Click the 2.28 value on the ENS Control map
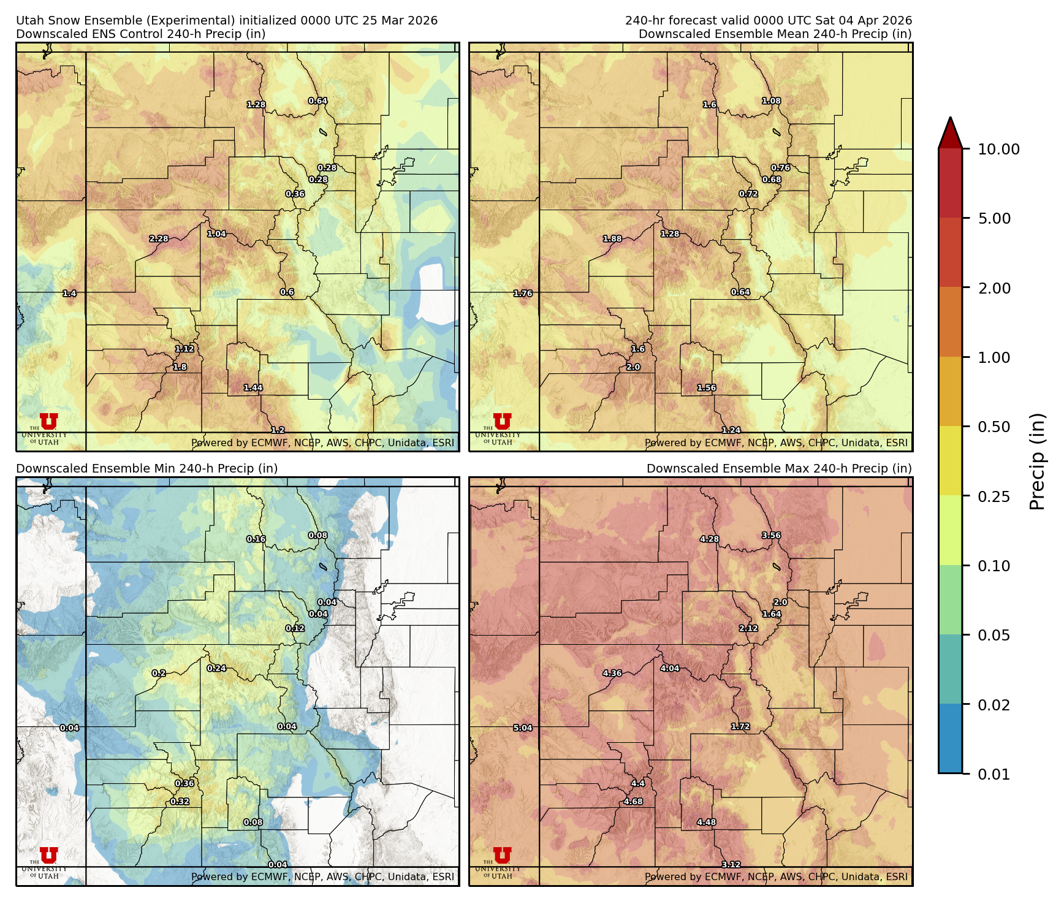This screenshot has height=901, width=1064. point(159,239)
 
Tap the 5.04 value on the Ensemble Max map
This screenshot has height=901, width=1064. point(523,728)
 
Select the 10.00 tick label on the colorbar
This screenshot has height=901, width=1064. point(998,150)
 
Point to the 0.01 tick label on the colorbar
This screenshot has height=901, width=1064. point(994,775)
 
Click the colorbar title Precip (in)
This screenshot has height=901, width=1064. point(1037,462)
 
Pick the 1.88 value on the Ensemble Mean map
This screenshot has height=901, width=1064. point(612,239)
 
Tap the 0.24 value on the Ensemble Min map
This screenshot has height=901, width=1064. point(216,669)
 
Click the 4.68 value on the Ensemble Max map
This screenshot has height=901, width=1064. point(633,802)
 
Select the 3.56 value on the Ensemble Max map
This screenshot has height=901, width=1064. point(771,536)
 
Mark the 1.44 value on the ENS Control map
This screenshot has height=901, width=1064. point(253,388)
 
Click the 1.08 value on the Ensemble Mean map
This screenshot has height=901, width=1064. point(771,101)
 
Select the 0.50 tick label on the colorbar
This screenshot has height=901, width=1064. point(994,427)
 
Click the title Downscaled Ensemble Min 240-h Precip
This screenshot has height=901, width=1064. point(147,469)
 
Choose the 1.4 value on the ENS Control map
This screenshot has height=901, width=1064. point(69,294)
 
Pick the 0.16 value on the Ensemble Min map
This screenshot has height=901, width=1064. point(256,539)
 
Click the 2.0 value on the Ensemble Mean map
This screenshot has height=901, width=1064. point(633,367)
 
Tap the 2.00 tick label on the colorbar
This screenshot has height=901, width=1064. point(994,289)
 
